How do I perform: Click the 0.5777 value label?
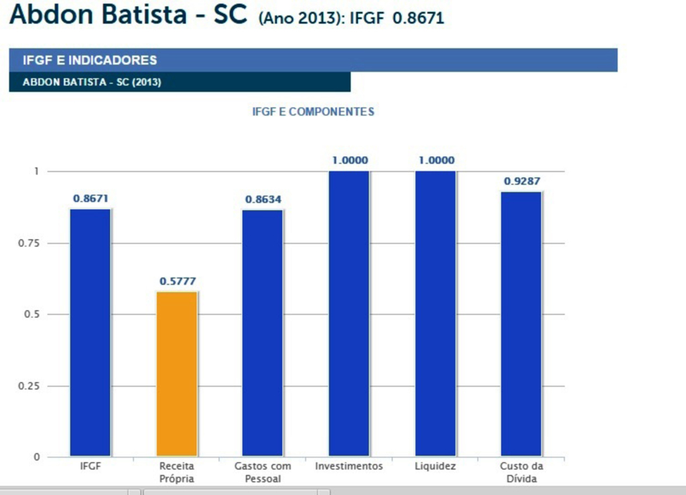coord(178,282)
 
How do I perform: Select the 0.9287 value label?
coord(522,181)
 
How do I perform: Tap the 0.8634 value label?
coord(263,199)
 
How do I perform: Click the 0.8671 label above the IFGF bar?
coord(91,199)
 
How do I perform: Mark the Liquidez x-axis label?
coord(435,466)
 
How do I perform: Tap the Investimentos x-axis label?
coord(349,466)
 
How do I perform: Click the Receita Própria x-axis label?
coord(177,472)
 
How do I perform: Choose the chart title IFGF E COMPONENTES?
coord(313,112)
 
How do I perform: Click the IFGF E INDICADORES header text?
coord(90,60)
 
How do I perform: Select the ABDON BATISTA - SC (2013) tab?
coord(92,82)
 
